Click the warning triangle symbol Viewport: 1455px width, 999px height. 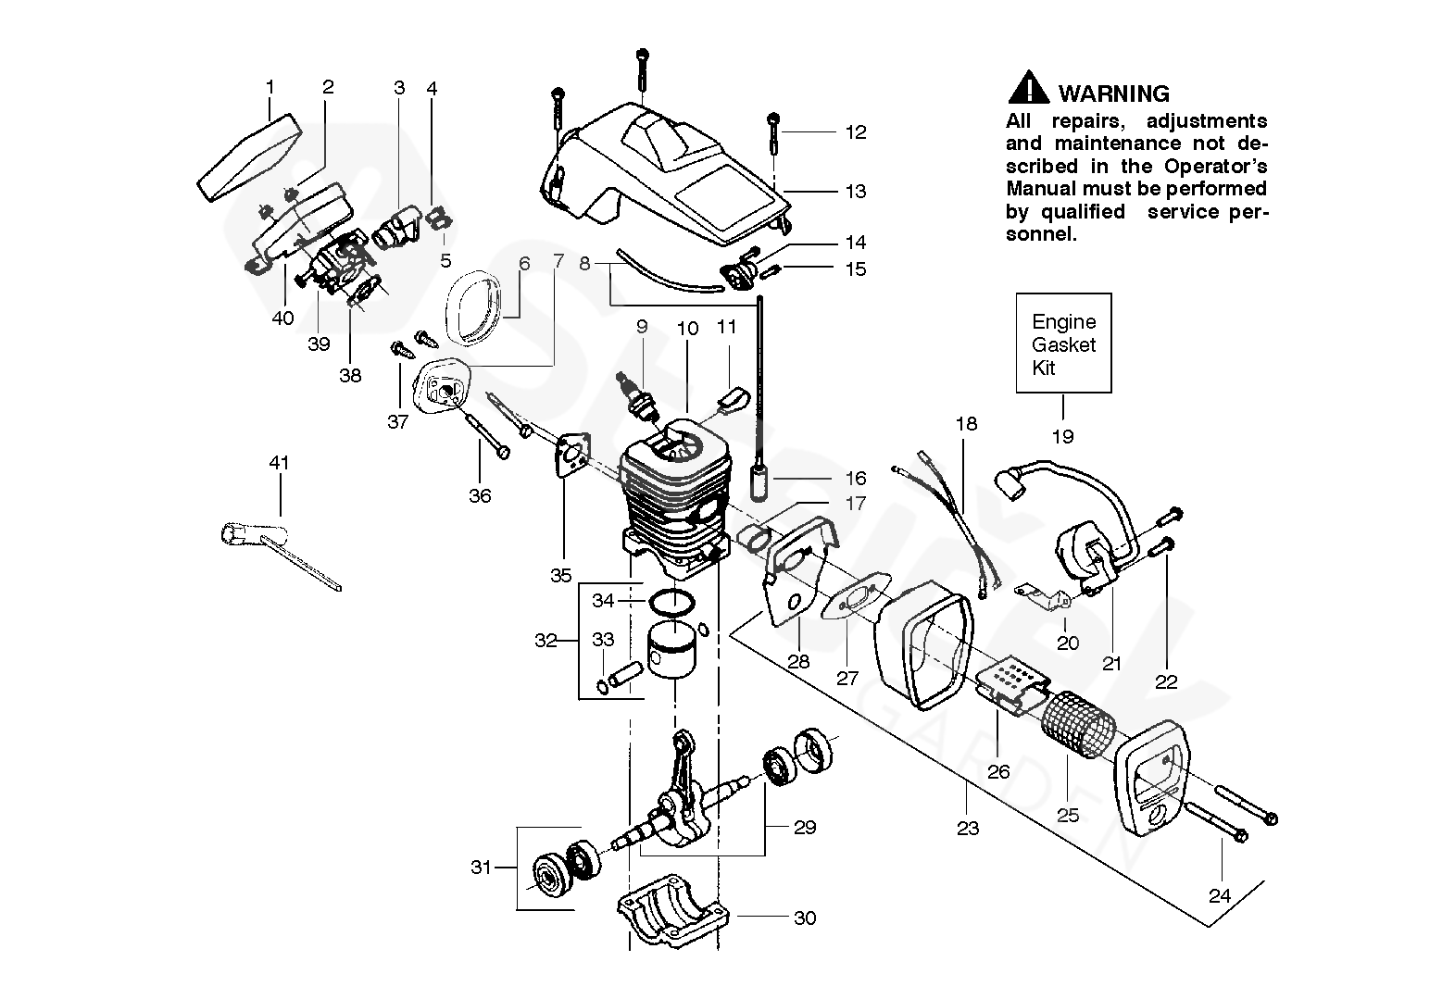point(1028,88)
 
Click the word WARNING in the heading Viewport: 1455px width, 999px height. point(1114,94)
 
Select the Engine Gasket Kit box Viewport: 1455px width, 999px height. point(1063,343)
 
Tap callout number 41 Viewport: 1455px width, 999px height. point(279,463)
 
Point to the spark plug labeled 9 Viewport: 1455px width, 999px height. point(643,397)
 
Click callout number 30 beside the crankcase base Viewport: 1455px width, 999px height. point(805,918)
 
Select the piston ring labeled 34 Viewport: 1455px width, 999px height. point(671,602)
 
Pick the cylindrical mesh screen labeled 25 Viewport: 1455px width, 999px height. point(1078,725)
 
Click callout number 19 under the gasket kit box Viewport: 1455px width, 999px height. point(1062,436)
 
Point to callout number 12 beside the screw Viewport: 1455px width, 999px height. point(856,132)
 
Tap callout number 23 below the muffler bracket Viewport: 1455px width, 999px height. point(968,828)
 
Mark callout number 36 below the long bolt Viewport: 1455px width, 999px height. point(480,495)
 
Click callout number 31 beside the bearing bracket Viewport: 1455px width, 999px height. point(481,868)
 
